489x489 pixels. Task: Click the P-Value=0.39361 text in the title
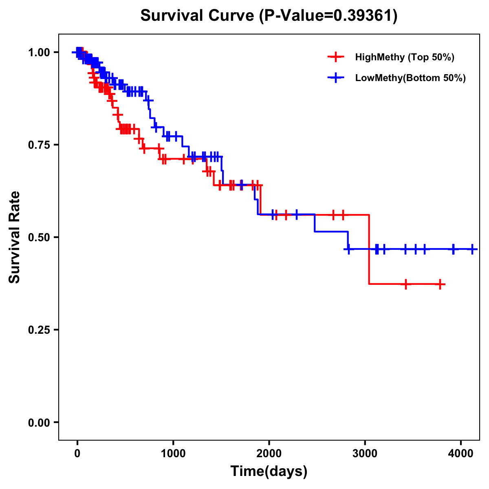click(x=329, y=15)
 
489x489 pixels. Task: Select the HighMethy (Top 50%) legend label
click(x=404, y=57)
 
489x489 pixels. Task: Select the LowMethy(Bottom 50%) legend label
click(x=410, y=78)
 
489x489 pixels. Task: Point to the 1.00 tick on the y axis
click(x=39, y=53)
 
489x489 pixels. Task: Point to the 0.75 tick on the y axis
click(x=39, y=145)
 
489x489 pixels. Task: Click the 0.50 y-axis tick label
click(x=39, y=238)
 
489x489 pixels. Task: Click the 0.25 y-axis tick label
click(x=39, y=330)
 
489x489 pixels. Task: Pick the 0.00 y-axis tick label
click(x=39, y=423)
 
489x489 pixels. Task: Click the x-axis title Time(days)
click(x=269, y=471)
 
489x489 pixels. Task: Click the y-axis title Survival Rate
click(x=15, y=237)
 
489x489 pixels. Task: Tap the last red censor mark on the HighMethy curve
click(x=441, y=284)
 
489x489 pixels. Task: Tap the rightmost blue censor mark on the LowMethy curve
click(x=472, y=249)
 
